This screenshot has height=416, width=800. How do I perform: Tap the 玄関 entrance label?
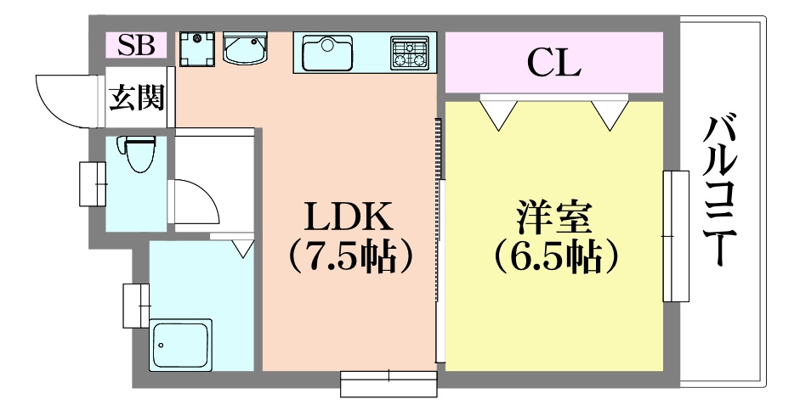137,98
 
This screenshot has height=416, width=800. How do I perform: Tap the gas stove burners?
411,53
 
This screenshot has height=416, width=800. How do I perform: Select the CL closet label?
553,61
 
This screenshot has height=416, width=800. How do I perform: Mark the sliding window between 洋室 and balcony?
675,235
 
